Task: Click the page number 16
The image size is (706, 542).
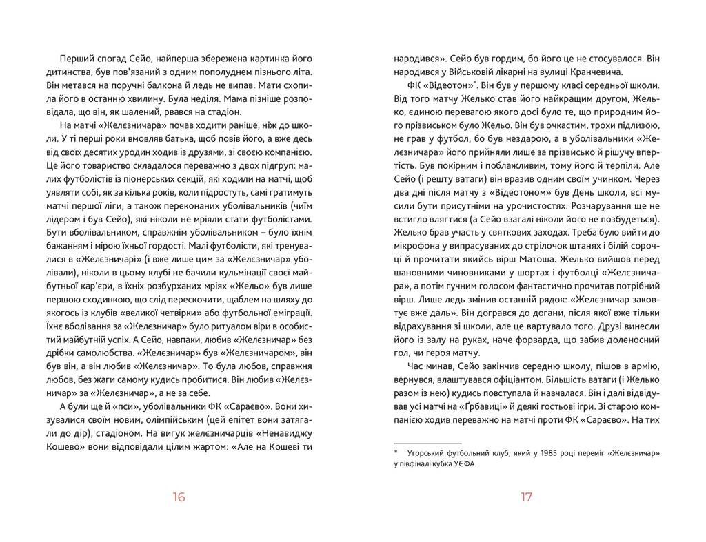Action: [179, 498]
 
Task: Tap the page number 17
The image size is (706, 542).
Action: [526, 498]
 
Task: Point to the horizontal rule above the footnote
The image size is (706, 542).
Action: [427, 443]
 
